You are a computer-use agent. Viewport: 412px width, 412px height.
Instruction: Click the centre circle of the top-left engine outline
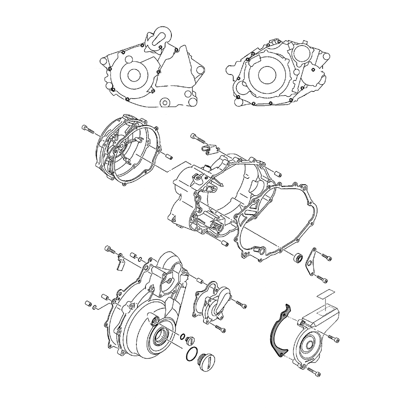pos(134,75)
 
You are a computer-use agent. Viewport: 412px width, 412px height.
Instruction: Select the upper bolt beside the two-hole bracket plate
pos(325,258)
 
